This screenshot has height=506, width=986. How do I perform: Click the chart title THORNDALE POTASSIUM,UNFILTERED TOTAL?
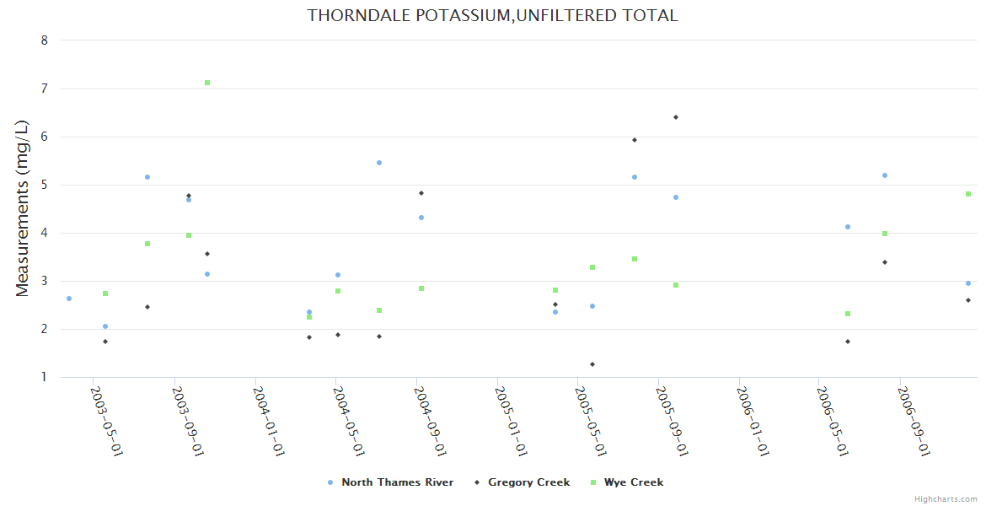click(492, 15)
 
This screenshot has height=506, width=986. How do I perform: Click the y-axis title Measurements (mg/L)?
click(23, 208)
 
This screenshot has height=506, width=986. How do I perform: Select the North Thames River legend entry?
click(397, 482)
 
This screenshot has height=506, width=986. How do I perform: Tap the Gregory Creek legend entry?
click(528, 482)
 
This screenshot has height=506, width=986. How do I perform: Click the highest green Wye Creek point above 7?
click(207, 83)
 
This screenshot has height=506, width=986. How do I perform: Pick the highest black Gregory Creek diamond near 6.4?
click(676, 117)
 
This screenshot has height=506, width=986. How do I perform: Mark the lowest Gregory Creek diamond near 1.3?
click(592, 364)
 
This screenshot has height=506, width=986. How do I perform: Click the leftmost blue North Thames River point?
click(69, 299)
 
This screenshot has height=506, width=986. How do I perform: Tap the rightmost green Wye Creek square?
click(968, 194)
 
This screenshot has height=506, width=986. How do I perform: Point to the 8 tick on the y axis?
click(44, 40)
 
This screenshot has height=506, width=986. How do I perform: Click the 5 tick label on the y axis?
click(44, 185)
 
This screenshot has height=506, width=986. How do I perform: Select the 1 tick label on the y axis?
click(44, 377)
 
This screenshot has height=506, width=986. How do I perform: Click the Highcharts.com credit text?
click(946, 498)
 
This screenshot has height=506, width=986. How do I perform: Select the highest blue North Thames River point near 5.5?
click(379, 163)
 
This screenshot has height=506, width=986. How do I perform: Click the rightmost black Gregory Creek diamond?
click(968, 300)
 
